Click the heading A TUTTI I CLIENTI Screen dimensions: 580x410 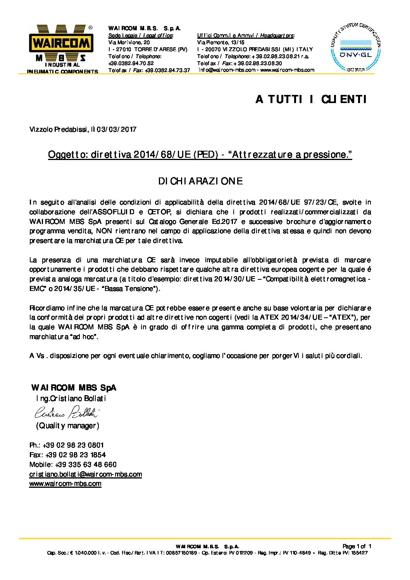point(311,100)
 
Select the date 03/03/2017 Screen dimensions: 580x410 point(116,129)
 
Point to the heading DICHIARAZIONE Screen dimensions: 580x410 point(200,181)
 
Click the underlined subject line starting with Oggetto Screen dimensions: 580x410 point(200,155)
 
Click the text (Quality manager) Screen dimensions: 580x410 point(67,426)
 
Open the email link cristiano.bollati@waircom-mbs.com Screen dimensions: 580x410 point(86,474)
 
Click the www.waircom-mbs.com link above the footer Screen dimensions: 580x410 point(65,484)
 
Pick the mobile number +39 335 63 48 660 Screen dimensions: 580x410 point(86,465)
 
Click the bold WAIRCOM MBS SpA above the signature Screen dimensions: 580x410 point(73,388)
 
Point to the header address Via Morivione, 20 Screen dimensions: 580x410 point(129,42)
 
